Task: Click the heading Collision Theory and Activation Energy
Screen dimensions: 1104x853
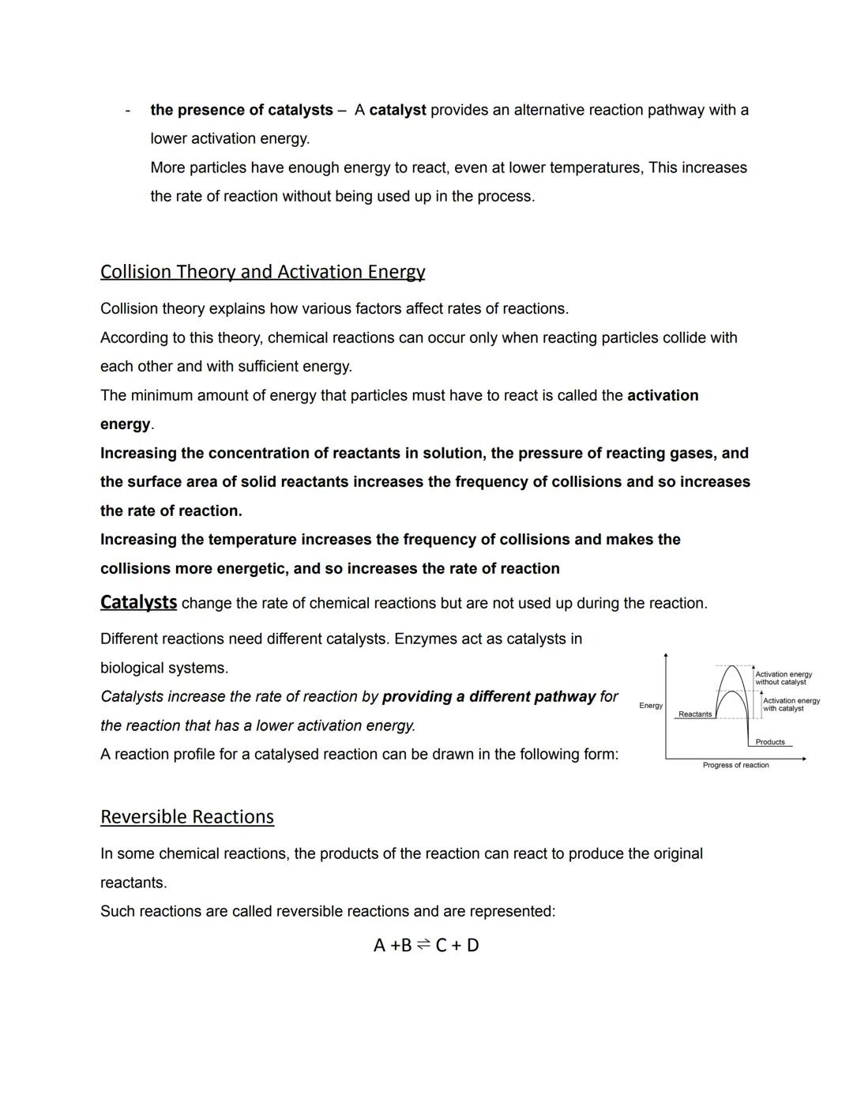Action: coord(262,272)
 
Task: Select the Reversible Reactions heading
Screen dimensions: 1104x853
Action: coord(187,816)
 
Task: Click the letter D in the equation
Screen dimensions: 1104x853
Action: coord(472,945)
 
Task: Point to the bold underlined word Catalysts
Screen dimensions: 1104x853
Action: coord(138,602)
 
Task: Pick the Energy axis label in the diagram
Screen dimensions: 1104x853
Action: coord(651,706)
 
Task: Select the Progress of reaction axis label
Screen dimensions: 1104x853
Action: coord(735,765)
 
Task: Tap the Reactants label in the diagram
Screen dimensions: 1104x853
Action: coord(695,714)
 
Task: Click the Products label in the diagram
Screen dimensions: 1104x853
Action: coord(770,742)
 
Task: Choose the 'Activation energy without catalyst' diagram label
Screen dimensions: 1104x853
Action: coord(783,678)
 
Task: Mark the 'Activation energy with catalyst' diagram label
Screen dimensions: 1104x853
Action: coord(791,704)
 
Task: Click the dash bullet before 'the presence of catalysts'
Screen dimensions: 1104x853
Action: coord(127,111)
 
